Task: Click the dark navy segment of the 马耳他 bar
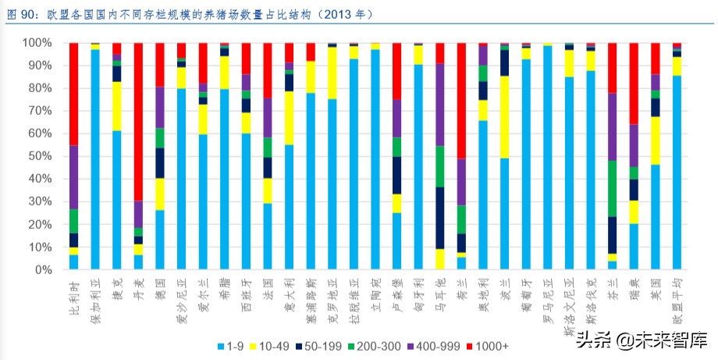(439, 218)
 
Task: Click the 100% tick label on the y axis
(41, 43)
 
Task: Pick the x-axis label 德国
(160, 289)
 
